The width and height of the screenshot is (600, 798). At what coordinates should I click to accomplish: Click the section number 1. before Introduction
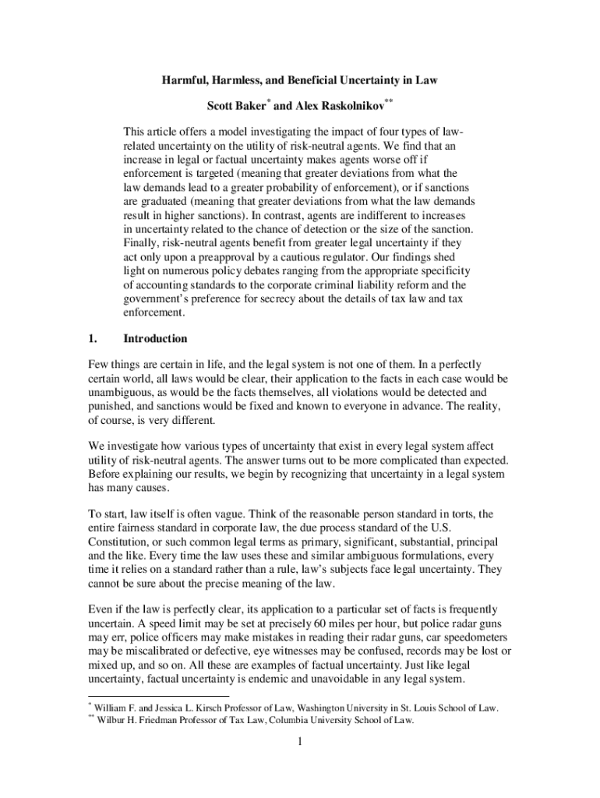tap(91, 339)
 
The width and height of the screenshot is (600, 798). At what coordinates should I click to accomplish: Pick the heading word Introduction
tap(155, 339)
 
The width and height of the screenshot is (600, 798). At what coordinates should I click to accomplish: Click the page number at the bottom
tap(299, 743)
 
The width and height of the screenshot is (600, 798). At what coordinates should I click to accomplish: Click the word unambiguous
tap(120, 393)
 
